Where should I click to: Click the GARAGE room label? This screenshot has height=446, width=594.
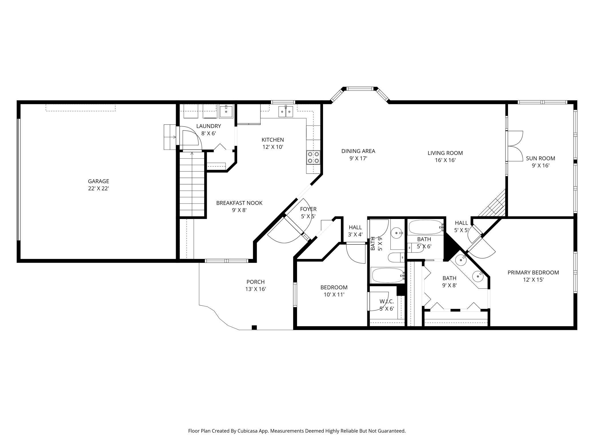coord(98,181)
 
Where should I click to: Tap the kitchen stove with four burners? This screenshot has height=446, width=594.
coord(313,158)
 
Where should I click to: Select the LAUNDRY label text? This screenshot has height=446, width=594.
coord(208,126)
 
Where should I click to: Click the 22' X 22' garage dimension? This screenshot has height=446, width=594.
coord(99,189)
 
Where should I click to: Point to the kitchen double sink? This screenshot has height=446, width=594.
coord(286,111)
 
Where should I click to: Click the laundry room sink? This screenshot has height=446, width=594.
coord(226,111)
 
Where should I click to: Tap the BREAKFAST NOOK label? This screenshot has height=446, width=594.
coord(239,203)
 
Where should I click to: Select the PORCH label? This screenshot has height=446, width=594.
coord(256,282)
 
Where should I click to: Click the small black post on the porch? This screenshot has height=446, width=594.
coord(254,327)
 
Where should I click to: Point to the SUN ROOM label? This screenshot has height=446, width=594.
coord(541,158)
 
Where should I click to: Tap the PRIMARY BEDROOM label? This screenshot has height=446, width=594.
coord(533,272)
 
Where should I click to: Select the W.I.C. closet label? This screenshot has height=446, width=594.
coord(387,301)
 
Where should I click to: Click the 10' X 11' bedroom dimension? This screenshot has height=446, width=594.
coord(334,295)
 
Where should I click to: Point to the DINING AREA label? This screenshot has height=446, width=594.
coord(358,151)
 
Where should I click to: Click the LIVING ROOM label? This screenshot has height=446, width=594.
coord(445,153)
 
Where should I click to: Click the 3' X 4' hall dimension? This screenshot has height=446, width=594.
coord(356,235)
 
